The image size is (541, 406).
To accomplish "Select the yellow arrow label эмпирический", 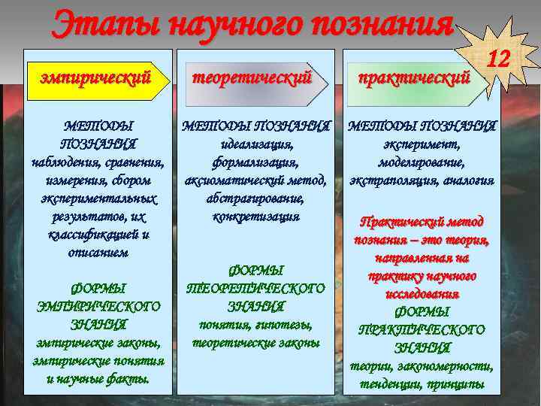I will tap(95, 76).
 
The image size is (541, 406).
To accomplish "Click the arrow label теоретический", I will tap(252, 76).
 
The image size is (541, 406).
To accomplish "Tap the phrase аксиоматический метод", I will tap(255, 180).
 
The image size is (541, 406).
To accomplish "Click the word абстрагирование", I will tap(254, 198).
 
